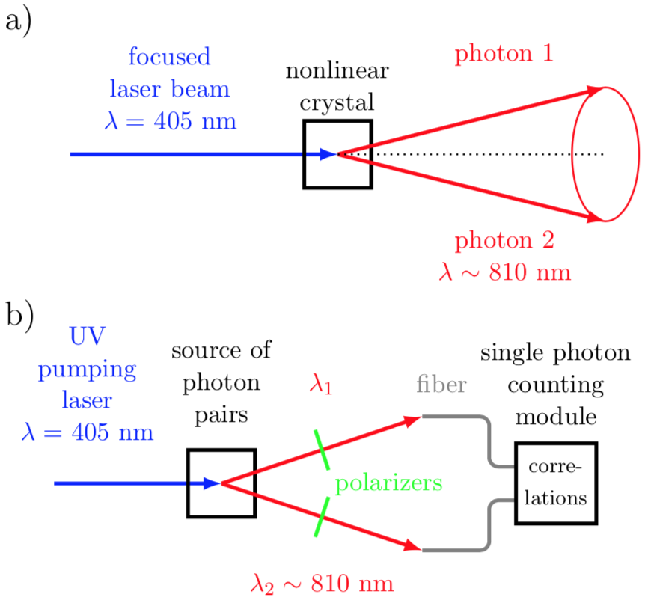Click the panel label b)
click(x=19, y=316)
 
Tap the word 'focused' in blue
click(x=169, y=56)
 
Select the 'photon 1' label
click(x=504, y=54)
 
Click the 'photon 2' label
click(x=504, y=241)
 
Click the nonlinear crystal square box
click(x=304, y=154)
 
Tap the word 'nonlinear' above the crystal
click(x=337, y=71)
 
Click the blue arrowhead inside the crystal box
click(x=328, y=154)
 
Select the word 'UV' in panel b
click(x=88, y=336)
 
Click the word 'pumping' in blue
click(x=88, y=370)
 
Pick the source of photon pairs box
click(x=187, y=483)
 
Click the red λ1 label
click(x=320, y=384)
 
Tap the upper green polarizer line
click(x=323, y=450)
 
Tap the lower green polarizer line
click(x=323, y=517)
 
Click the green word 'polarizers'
click(x=389, y=484)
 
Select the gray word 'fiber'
click(x=441, y=384)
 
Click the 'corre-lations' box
click(x=516, y=483)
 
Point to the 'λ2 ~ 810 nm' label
click(x=323, y=584)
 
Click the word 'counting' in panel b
click(x=555, y=385)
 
